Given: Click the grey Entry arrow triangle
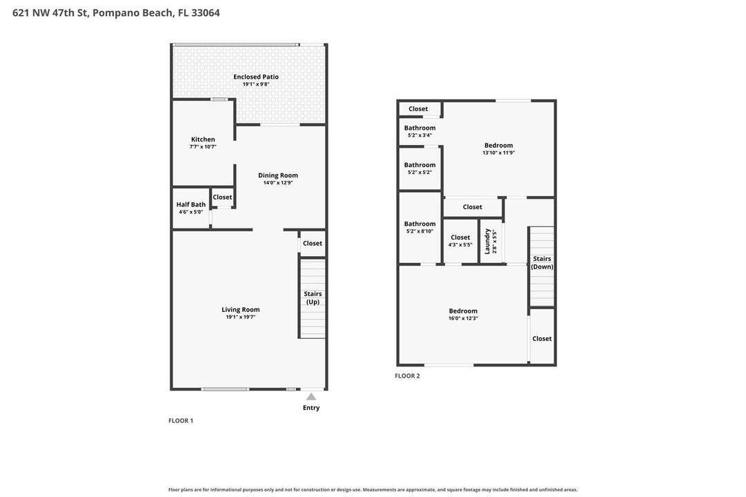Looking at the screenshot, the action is [x=311, y=396].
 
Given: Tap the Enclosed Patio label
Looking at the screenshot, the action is [x=256, y=77].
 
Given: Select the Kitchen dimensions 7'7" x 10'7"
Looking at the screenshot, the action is [x=203, y=147].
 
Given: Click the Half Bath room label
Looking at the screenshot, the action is [x=190, y=205].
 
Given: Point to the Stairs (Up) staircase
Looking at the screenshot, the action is [x=313, y=298].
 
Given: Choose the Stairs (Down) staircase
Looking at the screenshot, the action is [x=542, y=266].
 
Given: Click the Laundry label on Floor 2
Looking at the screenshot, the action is [x=487, y=241].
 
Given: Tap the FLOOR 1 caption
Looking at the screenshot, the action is [x=181, y=420].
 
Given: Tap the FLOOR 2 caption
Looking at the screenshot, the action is [x=407, y=376].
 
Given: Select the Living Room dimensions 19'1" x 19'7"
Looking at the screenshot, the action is [x=241, y=317].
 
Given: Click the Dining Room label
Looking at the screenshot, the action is [x=278, y=175].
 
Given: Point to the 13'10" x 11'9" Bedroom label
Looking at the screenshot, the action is [x=499, y=145].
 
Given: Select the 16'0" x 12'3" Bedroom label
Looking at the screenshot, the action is [x=463, y=311].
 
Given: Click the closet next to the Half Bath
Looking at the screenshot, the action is [x=222, y=197].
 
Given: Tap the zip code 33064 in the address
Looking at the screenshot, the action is [x=206, y=13].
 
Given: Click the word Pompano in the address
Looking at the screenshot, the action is [x=112, y=13].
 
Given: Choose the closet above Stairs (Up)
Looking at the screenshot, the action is [x=313, y=243].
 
